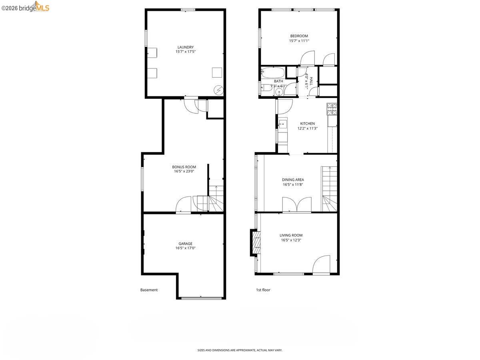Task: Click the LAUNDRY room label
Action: (x=185, y=47)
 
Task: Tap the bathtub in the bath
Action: (x=273, y=73)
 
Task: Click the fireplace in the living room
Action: (x=255, y=242)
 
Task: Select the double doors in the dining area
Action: (x=297, y=204)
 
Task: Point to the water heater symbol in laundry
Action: (x=218, y=90)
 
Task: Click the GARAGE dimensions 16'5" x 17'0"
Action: (x=185, y=248)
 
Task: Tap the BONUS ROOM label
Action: (x=184, y=167)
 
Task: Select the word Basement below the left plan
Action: (x=149, y=290)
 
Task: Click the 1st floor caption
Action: (x=263, y=290)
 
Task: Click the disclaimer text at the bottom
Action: (x=240, y=350)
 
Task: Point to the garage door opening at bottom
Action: (x=201, y=298)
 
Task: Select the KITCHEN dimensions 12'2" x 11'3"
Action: (x=307, y=128)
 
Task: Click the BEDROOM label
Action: (x=299, y=36)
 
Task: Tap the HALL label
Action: (x=311, y=81)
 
